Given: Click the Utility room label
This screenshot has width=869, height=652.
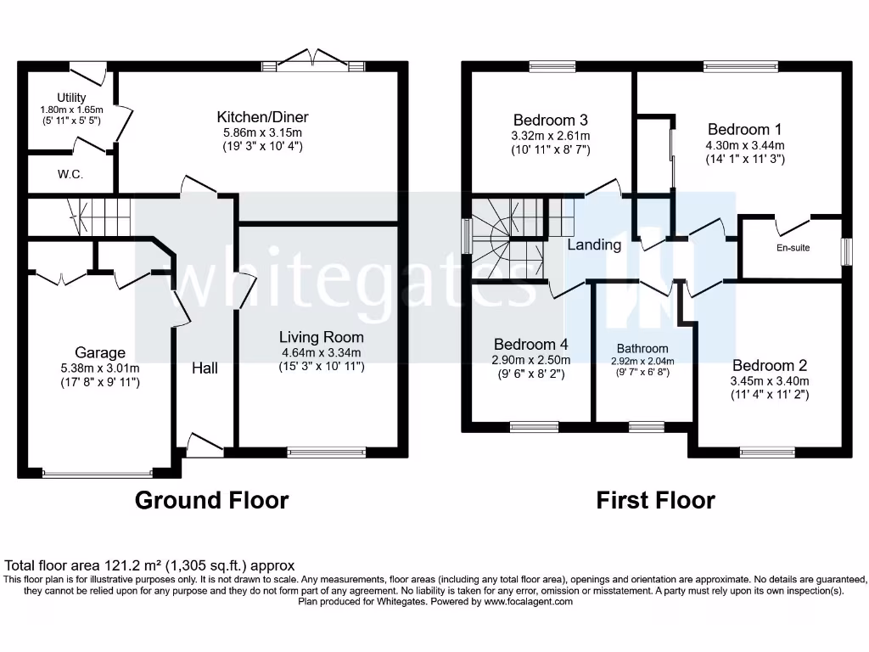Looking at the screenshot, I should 72,98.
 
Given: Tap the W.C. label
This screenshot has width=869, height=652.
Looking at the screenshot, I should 70,174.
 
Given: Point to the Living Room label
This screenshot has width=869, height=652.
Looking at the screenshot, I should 321,337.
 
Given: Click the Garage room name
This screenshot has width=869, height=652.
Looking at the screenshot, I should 100,352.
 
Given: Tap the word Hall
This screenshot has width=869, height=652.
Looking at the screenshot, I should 205,368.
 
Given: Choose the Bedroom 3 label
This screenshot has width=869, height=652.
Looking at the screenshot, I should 551,121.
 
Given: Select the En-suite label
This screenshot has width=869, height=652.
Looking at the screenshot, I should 793,248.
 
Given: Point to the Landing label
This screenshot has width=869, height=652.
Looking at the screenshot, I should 594,244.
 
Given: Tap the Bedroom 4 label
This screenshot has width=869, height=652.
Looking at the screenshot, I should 531,344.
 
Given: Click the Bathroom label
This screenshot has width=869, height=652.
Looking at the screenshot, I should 642,348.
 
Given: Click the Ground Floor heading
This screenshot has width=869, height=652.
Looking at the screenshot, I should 212,501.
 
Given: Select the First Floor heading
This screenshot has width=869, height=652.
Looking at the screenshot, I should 655,501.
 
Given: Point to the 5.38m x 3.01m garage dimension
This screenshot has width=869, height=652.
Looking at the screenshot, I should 100,368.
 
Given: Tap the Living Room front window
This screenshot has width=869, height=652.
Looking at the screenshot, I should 326,452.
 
